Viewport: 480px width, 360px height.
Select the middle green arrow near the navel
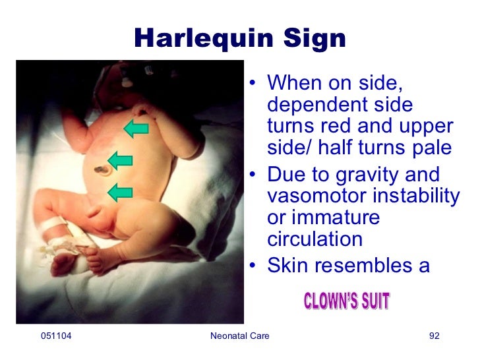pyautogui.click(x=121, y=160)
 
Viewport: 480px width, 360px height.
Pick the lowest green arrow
pyautogui.click(x=120, y=193)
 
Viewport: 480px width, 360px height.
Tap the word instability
pyautogui.click(x=412, y=196)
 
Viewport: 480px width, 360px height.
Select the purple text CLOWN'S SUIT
pyautogui.click(x=347, y=302)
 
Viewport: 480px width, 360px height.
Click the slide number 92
pyautogui.click(x=434, y=337)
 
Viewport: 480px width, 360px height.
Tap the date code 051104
pyautogui.click(x=56, y=337)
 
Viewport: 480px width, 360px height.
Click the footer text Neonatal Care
pyautogui.click(x=239, y=337)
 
